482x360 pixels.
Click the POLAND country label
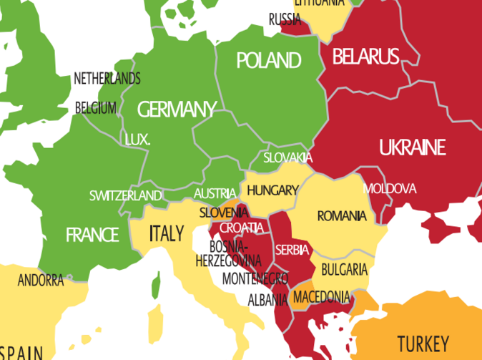[x=268, y=59]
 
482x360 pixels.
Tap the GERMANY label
[x=176, y=110]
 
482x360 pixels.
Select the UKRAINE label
[x=412, y=148]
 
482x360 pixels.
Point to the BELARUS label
[x=365, y=57]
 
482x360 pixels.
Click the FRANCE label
[x=92, y=235]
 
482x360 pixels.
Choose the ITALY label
[x=166, y=233]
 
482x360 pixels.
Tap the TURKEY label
[x=423, y=343]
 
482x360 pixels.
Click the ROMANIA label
[x=342, y=215]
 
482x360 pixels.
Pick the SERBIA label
[x=292, y=250]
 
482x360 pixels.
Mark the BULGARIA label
[x=344, y=270]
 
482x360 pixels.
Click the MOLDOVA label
[x=390, y=189]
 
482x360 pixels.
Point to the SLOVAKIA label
[x=287, y=157]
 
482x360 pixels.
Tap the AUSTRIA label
[x=215, y=193]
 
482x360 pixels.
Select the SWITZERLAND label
[x=125, y=195]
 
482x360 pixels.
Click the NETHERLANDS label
[x=107, y=79]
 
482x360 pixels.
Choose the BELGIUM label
[x=96, y=108]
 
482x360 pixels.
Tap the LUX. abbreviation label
[x=137, y=140]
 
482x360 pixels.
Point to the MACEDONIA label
[x=322, y=296]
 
